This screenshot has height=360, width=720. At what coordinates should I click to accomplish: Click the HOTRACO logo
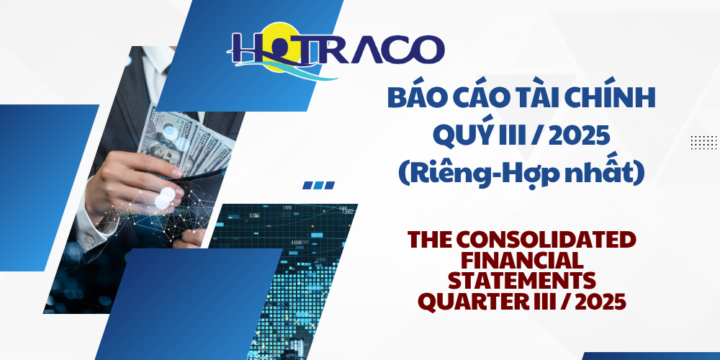[336, 50]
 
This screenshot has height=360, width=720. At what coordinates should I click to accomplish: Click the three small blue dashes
[318, 185]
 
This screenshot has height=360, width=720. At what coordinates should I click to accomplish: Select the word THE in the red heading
[434, 239]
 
